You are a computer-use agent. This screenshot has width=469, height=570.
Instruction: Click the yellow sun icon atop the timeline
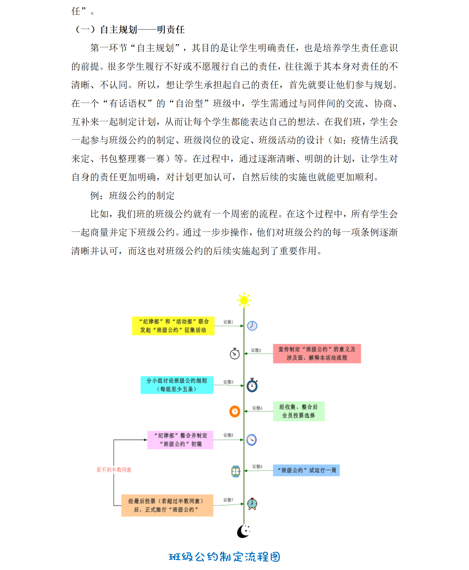click(x=244, y=300)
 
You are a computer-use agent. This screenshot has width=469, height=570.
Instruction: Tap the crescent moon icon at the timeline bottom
click(x=243, y=531)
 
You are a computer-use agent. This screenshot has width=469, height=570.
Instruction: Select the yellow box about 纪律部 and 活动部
click(x=173, y=326)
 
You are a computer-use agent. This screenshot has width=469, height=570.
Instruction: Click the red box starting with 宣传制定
click(x=317, y=354)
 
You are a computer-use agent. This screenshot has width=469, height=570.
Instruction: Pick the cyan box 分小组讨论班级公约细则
click(x=177, y=385)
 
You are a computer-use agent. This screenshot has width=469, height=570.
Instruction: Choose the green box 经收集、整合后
click(x=298, y=411)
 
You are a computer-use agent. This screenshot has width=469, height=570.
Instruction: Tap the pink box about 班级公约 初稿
click(x=180, y=440)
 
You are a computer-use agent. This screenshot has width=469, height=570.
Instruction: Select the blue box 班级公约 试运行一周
click(x=306, y=470)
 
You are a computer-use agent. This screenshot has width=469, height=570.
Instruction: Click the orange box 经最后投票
click(x=167, y=505)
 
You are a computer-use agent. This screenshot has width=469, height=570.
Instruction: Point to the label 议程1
click(x=228, y=322)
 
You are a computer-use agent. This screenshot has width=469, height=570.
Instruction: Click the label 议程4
click(x=257, y=408)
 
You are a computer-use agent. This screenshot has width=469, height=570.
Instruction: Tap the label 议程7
click(x=228, y=500)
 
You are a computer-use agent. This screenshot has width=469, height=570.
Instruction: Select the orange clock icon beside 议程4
click(x=235, y=411)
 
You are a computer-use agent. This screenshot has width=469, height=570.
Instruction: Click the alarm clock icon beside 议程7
click(x=252, y=504)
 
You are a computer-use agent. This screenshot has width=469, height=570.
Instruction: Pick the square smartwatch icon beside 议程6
click(x=236, y=471)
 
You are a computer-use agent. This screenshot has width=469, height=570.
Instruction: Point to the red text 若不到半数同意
click(x=114, y=470)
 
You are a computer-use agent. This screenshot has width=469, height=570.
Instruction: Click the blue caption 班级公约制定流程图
click(x=224, y=557)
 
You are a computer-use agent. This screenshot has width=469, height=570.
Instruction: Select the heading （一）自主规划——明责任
click(x=130, y=30)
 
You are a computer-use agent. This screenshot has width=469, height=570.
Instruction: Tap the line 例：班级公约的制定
click(x=132, y=196)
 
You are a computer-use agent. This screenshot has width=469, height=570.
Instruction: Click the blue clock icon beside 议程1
click(x=252, y=326)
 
